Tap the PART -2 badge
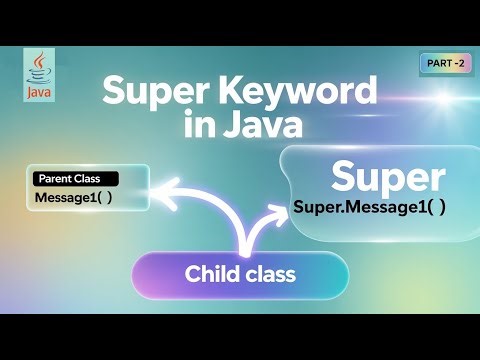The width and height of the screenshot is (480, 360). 445,64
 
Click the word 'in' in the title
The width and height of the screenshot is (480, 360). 206,127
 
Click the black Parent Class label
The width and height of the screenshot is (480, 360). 75,179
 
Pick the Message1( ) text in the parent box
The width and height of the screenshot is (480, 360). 74,197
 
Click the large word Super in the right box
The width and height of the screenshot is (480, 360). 387,177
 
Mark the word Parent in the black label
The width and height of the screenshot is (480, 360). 56,179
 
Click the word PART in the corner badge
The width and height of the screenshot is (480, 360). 438,64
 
